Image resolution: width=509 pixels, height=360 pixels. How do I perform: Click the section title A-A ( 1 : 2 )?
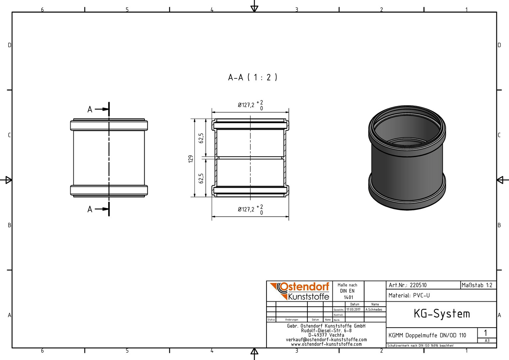[x=253, y=78]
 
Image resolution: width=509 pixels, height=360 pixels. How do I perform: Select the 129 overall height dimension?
[x=191, y=159]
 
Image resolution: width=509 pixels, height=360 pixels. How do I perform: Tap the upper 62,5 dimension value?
[x=201, y=138]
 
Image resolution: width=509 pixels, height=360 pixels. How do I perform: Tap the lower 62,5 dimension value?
[x=201, y=178]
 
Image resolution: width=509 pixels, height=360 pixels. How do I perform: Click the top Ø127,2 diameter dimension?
[x=251, y=105]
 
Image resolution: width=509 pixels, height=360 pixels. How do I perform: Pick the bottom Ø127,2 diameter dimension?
[x=251, y=209]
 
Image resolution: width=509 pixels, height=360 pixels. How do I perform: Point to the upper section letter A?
[x=90, y=109]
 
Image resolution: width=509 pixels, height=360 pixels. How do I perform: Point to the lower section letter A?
[x=90, y=209]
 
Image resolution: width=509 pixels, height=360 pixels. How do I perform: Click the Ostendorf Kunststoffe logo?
[x=299, y=291]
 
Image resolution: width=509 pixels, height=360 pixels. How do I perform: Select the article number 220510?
[x=418, y=285]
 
